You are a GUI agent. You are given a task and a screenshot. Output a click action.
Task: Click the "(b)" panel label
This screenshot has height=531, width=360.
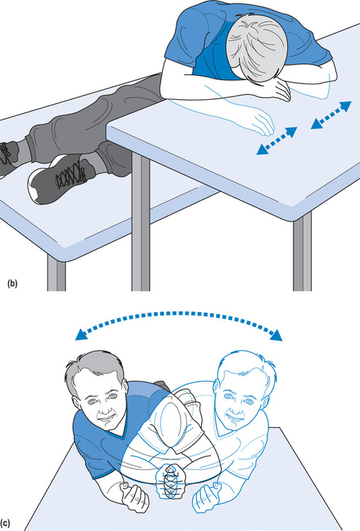click(x=12, y=283)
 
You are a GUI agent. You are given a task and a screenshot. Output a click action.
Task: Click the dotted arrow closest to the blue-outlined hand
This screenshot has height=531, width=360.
click(x=277, y=141)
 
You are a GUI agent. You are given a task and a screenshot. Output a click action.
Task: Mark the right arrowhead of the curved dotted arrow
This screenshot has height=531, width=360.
click(x=276, y=336)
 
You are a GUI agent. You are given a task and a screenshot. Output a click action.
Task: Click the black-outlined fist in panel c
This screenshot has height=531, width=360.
click(x=135, y=498)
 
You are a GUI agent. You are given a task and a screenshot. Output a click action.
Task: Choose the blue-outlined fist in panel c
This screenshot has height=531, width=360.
click(x=207, y=498)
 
